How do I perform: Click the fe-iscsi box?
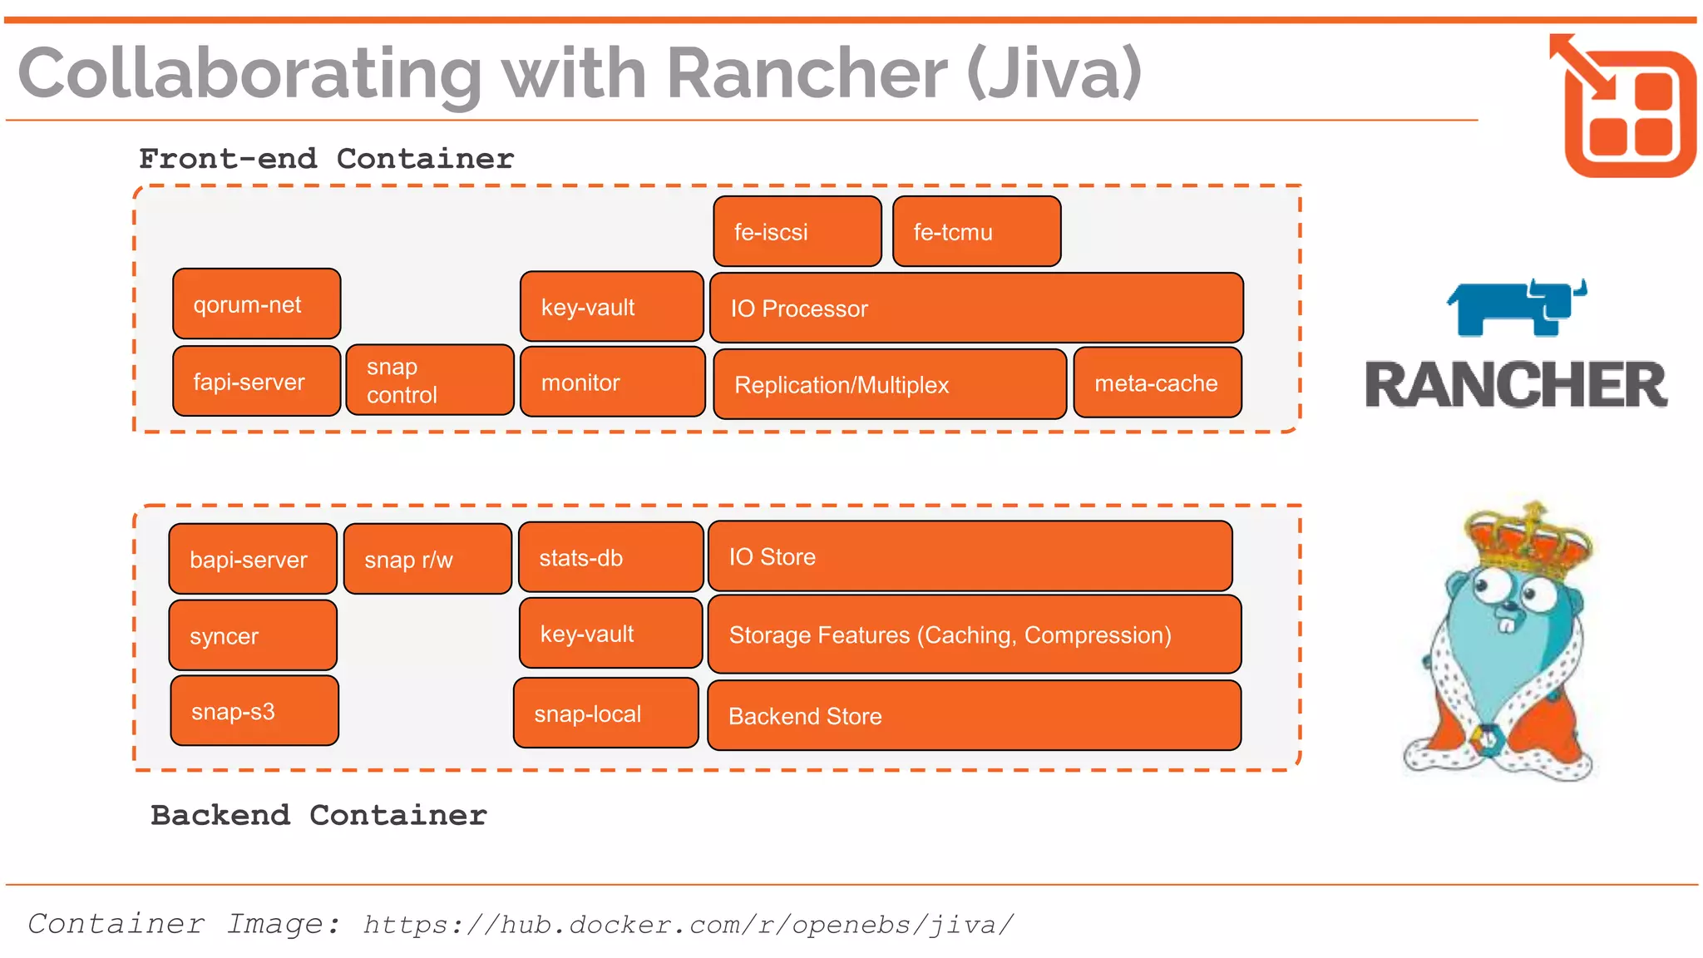797,232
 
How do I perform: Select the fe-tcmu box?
976,232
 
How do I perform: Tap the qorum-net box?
256,304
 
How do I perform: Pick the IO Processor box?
975,309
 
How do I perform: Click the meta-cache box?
1157,383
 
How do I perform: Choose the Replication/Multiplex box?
889,384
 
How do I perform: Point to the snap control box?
429,381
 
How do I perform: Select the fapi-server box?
256,382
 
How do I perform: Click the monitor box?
612,383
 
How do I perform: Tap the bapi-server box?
252,560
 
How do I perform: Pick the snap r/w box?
427,560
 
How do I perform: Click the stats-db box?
610,558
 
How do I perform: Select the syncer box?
252,636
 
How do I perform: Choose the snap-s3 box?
254,712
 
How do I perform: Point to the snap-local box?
605,714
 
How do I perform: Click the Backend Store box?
974,716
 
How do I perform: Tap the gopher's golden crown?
1528,541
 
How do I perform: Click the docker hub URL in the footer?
688,925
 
